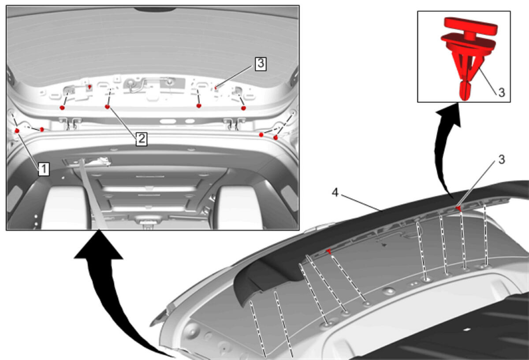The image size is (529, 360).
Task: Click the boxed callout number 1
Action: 44,169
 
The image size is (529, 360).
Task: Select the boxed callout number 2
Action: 142,139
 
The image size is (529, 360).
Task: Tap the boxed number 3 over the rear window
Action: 261,64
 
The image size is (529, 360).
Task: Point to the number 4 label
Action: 335,193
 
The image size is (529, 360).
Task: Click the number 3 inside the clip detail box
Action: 501,93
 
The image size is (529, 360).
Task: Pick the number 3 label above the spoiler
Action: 502,160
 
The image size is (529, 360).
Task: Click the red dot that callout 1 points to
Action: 17,130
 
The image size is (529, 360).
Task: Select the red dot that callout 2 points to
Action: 108,107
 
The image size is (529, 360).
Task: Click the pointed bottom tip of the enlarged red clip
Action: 465,99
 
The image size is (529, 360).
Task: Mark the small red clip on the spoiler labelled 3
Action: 458,208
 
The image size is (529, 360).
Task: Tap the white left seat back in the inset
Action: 64,208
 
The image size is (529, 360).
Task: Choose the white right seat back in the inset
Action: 238,208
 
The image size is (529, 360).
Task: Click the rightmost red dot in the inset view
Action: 276,137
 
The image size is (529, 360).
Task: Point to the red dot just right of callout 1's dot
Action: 42,130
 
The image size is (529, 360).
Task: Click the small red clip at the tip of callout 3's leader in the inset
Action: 216,88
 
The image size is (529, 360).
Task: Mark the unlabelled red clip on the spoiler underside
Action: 329,251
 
